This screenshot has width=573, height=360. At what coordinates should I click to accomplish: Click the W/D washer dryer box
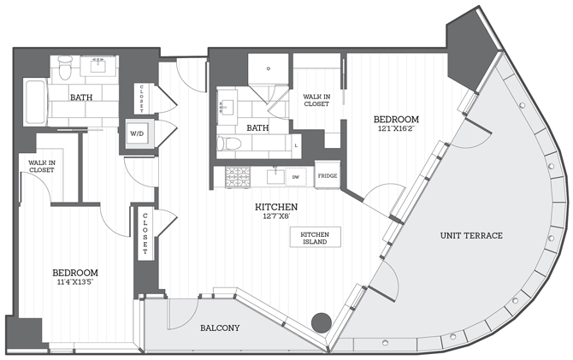(x=137, y=134)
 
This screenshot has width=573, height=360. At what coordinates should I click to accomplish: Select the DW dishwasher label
(x=295, y=177)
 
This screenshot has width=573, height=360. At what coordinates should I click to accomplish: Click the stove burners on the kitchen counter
(x=237, y=177)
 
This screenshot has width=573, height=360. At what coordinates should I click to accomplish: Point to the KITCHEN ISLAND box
(x=315, y=237)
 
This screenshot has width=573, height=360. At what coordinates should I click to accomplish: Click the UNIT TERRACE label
(x=471, y=235)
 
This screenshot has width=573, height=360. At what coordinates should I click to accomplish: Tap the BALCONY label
(x=220, y=328)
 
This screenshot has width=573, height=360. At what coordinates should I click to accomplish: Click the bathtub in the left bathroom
(x=34, y=102)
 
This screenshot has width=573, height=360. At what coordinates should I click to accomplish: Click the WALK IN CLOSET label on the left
(x=41, y=166)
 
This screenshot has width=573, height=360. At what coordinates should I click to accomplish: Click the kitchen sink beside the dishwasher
(x=274, y=177)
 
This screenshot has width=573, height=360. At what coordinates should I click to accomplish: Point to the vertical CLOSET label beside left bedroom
(x=145, y=234)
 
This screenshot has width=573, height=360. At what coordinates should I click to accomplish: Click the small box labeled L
(x=295, y=146)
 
